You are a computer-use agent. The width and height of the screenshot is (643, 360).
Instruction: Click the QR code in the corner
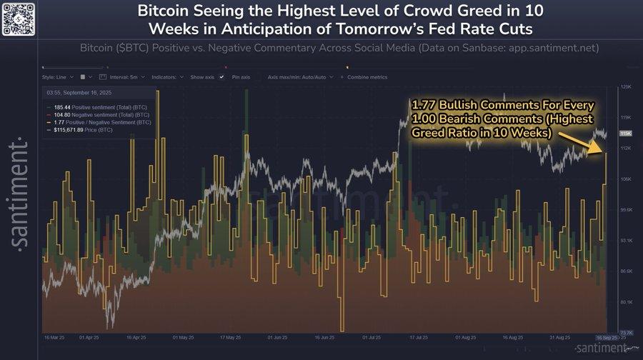click(18, 18)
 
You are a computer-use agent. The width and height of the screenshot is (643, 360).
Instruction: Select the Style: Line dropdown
click(57, 76)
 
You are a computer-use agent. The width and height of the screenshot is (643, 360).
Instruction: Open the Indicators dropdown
click(168, 76)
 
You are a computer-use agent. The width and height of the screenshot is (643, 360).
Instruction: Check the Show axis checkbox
click(222, 76)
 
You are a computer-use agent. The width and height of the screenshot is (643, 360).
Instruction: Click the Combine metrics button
click(367, 76)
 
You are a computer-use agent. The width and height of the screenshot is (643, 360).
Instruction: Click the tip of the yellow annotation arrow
click(605, 152)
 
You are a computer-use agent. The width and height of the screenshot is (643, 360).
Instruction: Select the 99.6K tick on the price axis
click(627, 209)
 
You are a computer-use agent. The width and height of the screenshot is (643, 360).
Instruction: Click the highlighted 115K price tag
click(625, 134)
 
